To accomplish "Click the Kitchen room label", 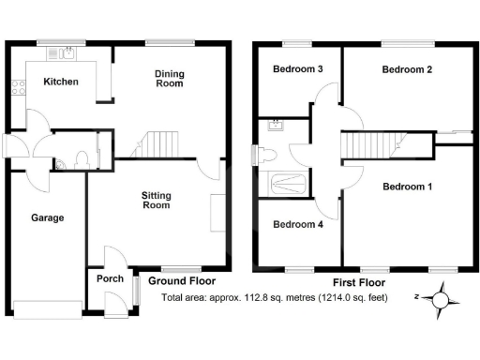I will (x=60, y=82).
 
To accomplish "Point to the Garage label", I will (x=47, y=217).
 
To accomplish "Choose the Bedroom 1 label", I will (x=407, y=187).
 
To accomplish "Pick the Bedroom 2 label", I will (x=406, y=69).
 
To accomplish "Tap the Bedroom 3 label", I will (x=298, y=69).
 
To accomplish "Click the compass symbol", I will (x=441, y=299).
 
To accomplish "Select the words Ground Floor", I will (x=181, y=280).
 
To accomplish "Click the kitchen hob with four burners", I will (x=16, y=89).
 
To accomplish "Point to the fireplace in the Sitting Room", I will (x=217, y=212).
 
